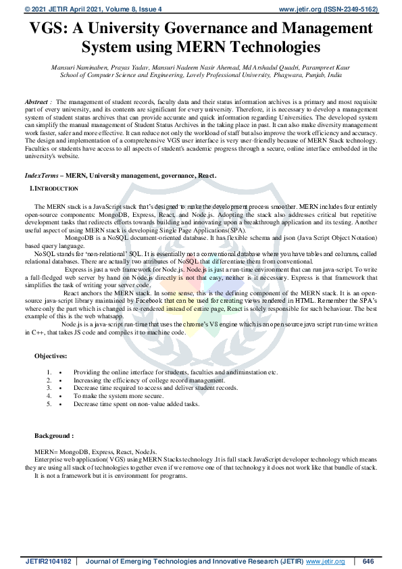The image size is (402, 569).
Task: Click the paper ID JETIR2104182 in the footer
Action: (47, 562)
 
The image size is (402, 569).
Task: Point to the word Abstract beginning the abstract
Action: (36, 100)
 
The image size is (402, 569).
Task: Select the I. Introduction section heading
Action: (53, 187)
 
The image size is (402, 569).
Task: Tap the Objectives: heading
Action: (51, 355)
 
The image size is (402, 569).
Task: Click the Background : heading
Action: (54, 437)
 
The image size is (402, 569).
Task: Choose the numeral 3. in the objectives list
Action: (49, 388)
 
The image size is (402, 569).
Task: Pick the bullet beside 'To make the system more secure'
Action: (61, 395)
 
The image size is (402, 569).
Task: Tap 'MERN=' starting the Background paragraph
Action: (47, 451)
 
